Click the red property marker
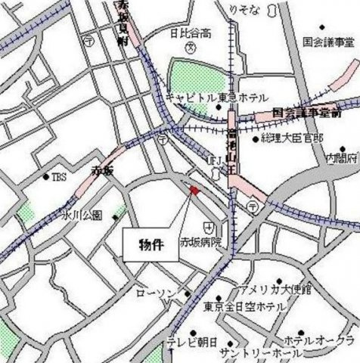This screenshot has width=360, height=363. (193, 191)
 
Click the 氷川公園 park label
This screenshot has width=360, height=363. (83, 216)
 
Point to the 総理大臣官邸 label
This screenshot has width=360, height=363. (291, 139)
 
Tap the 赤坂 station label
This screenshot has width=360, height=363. (102, 170)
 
